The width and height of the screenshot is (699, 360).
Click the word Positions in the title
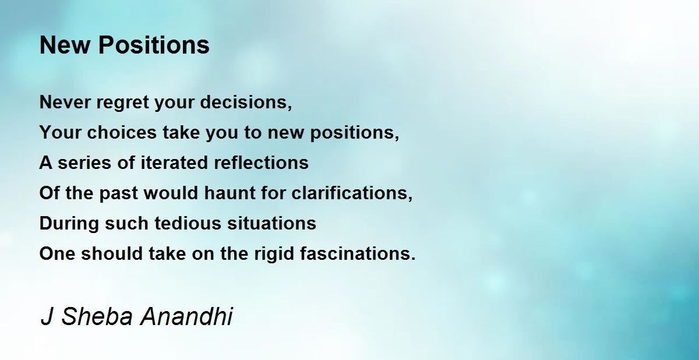[x=154, y=45]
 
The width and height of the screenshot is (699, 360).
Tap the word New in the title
[x=65, y=45]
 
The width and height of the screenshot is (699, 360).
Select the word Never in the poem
[x=65, y=102]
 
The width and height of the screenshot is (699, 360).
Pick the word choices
[x=122, y=132]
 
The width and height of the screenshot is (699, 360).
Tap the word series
[x=84, y=163]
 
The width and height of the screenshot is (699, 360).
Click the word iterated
[x=174, y=163]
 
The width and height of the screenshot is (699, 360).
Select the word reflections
[x=261, y=163]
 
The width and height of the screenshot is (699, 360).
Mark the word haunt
[x=230, y=193]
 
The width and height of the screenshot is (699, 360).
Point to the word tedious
[x=188, y=223]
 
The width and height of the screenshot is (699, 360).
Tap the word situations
[x=271, y=223]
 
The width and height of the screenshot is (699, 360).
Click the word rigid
[x=274, y=254]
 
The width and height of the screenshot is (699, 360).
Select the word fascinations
[x=355, y=253]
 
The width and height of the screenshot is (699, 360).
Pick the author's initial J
[x=47, y=317]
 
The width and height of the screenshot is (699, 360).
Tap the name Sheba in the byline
[x=97, y=316]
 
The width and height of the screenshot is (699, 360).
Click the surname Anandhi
[x=186, y=316]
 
